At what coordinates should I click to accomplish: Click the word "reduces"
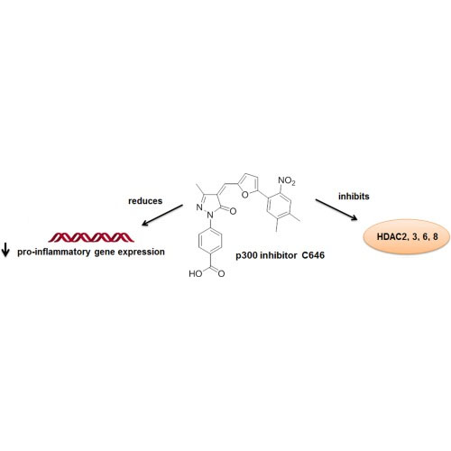(145, 201)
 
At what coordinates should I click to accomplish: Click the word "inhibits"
(354, 197)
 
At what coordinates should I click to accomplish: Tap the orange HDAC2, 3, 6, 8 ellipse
(408, 236)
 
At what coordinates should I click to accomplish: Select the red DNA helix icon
(91, 237)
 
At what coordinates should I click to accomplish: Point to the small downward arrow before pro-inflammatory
(5, 250)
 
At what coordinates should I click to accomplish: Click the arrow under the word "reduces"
(162, 215)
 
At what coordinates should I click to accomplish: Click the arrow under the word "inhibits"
(336, 209)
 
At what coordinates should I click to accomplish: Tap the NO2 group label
(287, 181)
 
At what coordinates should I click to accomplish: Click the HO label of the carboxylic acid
(196, 273)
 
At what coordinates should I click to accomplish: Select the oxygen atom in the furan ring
(245, 195)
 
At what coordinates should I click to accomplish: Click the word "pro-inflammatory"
(54, 252)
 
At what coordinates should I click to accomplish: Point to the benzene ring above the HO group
(210, 241)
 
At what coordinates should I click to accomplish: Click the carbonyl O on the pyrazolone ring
(233, 211)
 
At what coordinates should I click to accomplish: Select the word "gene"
(104, 253)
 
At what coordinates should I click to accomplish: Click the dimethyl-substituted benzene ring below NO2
(279, 206)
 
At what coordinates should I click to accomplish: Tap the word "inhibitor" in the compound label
(280, 255)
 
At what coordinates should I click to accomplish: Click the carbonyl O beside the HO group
(222, 274)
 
